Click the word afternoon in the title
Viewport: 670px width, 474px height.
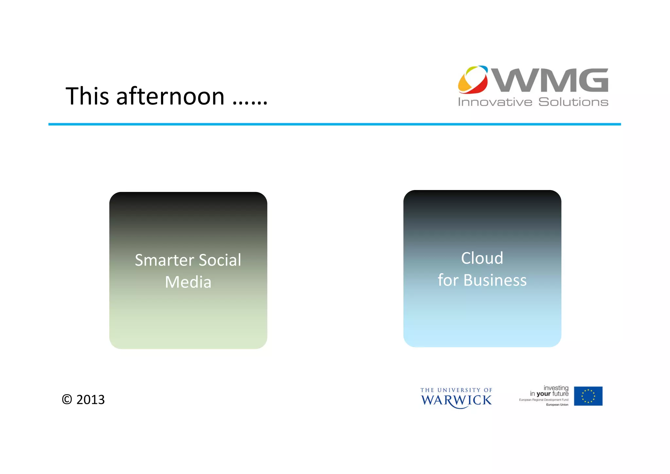pos(170,97)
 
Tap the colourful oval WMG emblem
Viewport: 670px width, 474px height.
pos(473,80)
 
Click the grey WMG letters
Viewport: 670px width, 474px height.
pos(551,80)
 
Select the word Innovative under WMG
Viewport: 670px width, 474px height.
pos(495,102)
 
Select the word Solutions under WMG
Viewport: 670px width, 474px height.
pos(573,102)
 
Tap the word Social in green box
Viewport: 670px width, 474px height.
pos(220,260)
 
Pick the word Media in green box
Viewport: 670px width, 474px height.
pos(188,282)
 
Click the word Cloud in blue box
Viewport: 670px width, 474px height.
pos(482,258)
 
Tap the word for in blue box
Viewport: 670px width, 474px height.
pos(448,280)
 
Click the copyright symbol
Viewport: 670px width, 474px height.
pos(67,399)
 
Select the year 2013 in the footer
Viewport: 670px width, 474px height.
pos(90,399)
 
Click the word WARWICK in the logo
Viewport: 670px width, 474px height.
pos(456,400)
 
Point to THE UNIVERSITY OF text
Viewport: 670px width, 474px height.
pos(456,390)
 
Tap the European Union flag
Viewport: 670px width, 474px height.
pos(588,396)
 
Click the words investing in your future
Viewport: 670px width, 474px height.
pos(550,391)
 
